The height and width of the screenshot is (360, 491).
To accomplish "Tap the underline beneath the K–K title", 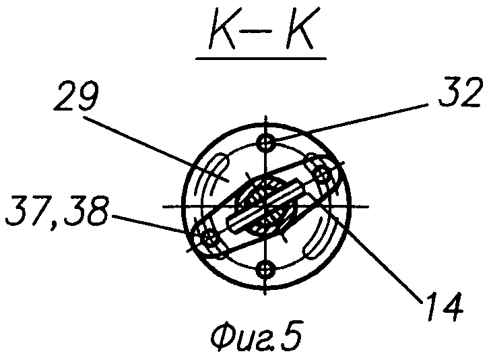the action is (x=261, y=59).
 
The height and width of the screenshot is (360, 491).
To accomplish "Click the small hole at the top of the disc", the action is (x=268, y=143).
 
